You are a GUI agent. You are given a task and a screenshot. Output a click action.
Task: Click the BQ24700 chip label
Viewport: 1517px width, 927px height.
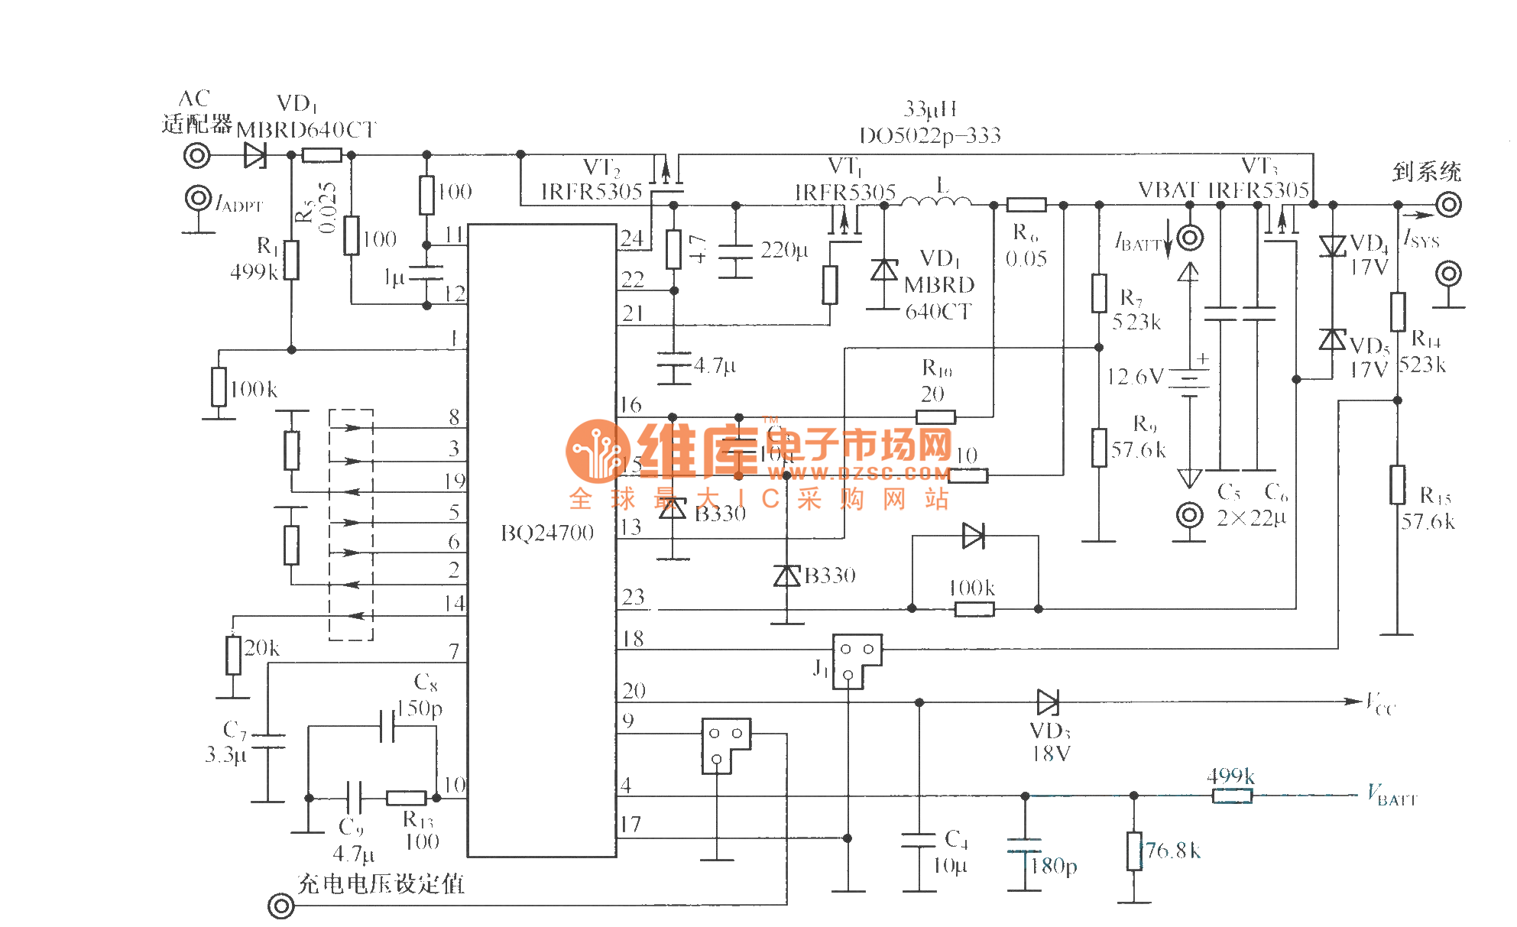tap(547, 533)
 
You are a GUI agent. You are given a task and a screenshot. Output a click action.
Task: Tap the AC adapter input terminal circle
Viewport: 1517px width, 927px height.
tap(197, 156)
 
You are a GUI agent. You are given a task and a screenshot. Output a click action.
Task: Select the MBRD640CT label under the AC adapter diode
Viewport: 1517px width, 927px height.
tap(306, 130)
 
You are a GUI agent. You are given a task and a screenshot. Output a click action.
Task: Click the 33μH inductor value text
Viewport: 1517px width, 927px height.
tap(930, 109)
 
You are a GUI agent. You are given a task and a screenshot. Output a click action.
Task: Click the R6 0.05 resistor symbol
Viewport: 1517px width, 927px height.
tap(1026, 205)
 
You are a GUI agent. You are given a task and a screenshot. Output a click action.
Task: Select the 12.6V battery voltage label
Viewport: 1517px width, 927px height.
tap(1135, 376)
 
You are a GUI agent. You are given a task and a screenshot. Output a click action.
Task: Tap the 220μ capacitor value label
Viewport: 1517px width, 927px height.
tap(784, 250)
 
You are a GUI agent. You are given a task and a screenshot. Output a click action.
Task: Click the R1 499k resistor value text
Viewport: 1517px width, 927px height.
tap(254, 272)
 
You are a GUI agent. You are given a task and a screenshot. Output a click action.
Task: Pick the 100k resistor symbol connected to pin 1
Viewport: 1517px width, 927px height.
tap(219, 386)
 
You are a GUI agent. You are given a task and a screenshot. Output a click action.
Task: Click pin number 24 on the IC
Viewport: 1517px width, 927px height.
tap(632, 238)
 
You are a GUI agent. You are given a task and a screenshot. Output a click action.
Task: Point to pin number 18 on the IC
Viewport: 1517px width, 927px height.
tap(633, 638)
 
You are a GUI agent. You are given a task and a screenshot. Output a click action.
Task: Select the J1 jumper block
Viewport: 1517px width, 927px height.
tap(856, 660)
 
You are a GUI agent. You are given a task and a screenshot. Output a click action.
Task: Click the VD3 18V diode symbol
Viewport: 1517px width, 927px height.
tap(1048, 702)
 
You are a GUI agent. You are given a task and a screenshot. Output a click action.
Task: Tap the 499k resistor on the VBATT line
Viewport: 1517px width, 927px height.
tap(1232, 796)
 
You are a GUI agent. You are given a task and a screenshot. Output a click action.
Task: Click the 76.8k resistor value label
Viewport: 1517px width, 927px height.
tap(1173, 851)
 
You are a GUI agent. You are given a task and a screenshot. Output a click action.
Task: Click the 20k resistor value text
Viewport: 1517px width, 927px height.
tap(262, 648)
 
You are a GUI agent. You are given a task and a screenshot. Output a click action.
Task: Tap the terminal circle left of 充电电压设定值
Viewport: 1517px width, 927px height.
tap(281, 906)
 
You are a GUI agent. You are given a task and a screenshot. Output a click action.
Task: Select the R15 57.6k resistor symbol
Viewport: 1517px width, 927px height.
tap(1398, 484)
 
